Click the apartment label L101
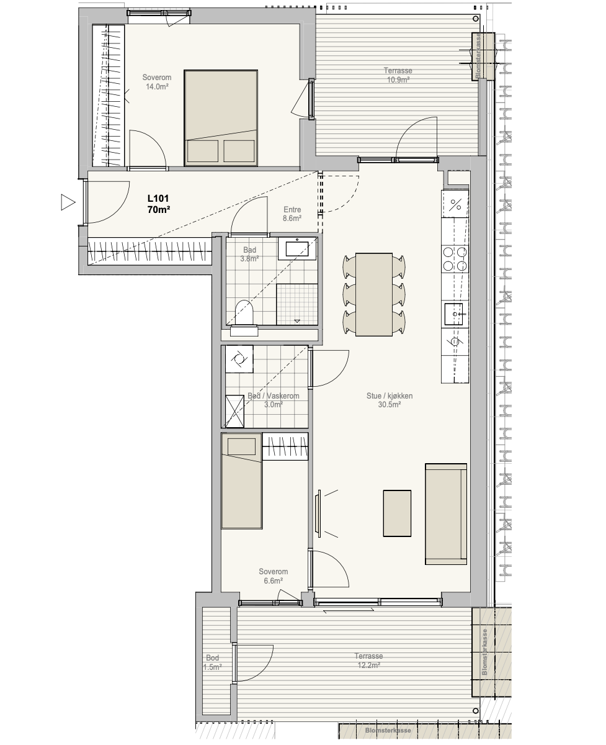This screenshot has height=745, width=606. pyautogui.click(x=158, y=199)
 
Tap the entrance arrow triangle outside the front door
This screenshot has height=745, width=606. pyautogui.click(x=68, y=202)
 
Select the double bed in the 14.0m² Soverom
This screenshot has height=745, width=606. pyautogui.click(x=221, y=118)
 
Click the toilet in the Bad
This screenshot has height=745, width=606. pyautogui.click(x=244, y=312)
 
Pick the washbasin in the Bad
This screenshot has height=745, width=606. pyautogui.click(x=297, y=248)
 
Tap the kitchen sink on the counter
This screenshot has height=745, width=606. pyautogui.click(x=453, y=314)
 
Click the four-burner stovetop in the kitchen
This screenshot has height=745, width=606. pyautogui.click(x=455, y=259)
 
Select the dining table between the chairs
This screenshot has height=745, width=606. pyautogui.click(x=374, y=294)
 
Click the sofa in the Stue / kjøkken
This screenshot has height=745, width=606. pyautogui.click(x=446, y=514)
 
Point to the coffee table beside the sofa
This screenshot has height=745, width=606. pyautogui.click(x=397, y=513)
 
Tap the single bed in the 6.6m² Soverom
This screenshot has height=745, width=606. pyautogui.click(x=241, y=481)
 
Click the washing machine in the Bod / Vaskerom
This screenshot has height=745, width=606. pyautogui.click(x=239, y=359)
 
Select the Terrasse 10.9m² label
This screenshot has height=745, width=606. pyautogui.click(x=398, y=75)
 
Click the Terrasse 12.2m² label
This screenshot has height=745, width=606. pyautogui.click(x=368, y=661)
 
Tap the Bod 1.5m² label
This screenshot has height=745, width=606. pyautogui.click(x=212, y=662)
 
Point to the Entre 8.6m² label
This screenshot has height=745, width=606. pyautogui.click(x=292, y=214)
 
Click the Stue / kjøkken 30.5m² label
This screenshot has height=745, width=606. pyautogui.click(x=390, y=400)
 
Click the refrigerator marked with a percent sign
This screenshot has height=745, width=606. pyautogui.click(x=455, y=204)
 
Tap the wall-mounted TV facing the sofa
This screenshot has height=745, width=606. pyautogui.click(x=318, y=513)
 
